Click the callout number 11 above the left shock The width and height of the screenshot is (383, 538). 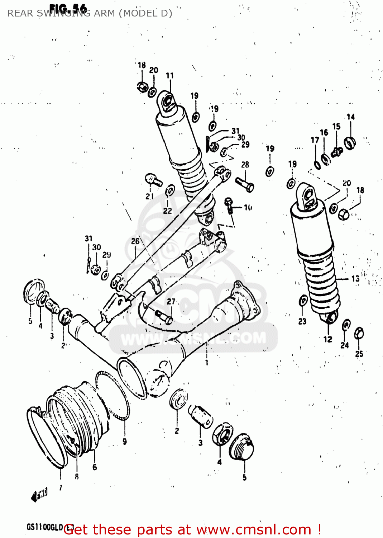170,76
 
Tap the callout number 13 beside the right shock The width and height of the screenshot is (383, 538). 355,278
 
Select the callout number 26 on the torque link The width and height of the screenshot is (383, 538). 135,241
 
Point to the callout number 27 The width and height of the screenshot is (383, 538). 171,302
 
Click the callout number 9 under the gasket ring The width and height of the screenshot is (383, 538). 125,442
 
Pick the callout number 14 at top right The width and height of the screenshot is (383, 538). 350,117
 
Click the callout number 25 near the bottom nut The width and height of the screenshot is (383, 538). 359,354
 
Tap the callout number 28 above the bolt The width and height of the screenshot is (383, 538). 245,165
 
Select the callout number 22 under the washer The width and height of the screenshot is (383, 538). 167,211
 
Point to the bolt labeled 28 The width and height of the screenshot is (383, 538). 245,184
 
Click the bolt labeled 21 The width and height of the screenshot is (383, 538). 153,179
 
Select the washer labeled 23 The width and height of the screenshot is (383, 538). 303,301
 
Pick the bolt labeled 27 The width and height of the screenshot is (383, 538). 164,316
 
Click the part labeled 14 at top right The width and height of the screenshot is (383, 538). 349,142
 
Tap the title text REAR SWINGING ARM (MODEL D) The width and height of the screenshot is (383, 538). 90,13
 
